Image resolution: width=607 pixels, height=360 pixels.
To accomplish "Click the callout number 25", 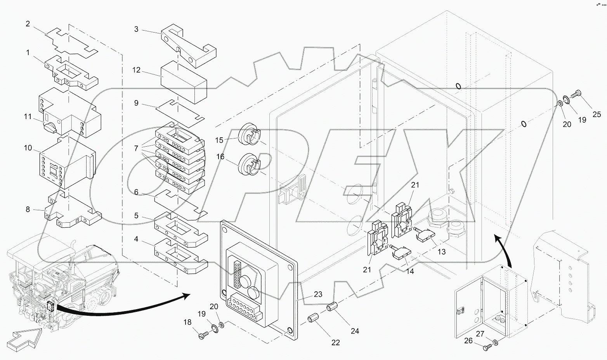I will coord(597,114).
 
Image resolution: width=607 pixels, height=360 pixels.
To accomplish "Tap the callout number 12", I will coord(136,71).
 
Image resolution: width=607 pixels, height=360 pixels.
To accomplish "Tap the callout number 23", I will coord(318,294).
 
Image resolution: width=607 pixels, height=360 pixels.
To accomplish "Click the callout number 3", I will coord(136,29).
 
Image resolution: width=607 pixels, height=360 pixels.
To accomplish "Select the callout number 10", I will coord(28,148).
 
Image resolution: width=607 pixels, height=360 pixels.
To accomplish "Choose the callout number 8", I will coord(28,209).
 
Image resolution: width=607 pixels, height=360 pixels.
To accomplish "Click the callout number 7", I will coord(136,148).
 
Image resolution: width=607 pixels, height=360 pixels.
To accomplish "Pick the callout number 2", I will coord(28,24).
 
